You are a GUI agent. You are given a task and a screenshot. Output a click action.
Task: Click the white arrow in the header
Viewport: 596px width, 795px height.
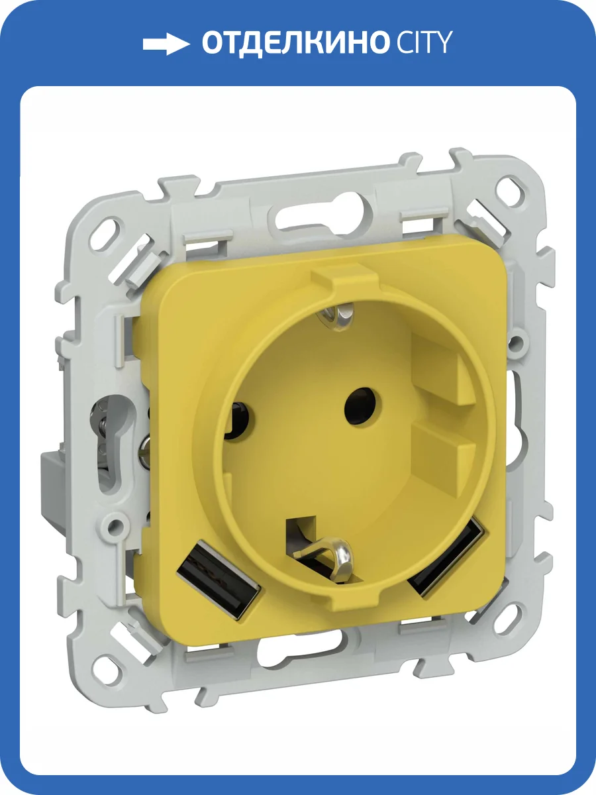(166, 44)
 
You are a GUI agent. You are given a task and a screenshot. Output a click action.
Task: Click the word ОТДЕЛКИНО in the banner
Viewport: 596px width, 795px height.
(294, 43)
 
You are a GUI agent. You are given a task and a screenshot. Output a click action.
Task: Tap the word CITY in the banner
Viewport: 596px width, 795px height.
(425, 43)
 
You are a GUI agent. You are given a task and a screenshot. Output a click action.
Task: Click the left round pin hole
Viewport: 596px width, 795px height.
(239, 419)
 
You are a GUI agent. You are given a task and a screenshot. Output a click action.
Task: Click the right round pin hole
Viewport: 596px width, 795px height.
(363, 406)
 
